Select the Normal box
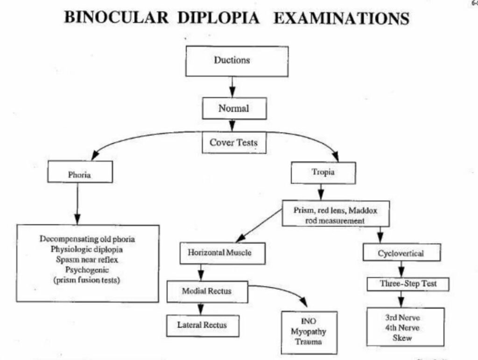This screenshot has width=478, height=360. [x=234, y=109]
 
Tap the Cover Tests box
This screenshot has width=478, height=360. [x=234, y=143]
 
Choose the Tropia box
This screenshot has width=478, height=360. [x=323, y=172]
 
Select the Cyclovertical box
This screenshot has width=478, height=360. [x=401, y=253]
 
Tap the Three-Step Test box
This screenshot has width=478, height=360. [x=408, y=283]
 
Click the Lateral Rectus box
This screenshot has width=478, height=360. [x=202, y=325]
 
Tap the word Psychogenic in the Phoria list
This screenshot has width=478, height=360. [x=87, y=270]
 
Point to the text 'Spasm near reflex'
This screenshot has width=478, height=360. [x=87, y=259]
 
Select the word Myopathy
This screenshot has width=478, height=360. [x=309, y=332]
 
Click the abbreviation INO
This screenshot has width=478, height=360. [x=309, y=322]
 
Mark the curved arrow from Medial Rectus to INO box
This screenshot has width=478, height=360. [x=285, y=291]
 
